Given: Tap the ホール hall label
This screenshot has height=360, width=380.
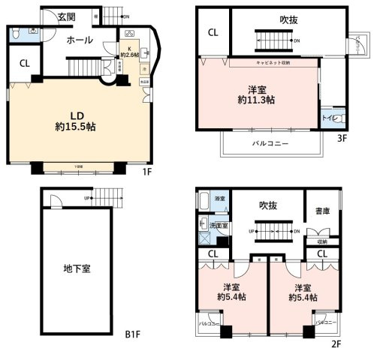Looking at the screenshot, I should click(79, 39).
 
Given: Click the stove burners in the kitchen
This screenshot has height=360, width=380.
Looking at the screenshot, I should click(128, 34).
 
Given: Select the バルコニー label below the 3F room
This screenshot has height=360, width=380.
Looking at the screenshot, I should click(270, 142).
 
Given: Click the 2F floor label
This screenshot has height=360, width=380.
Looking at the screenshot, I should click(336, 344).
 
